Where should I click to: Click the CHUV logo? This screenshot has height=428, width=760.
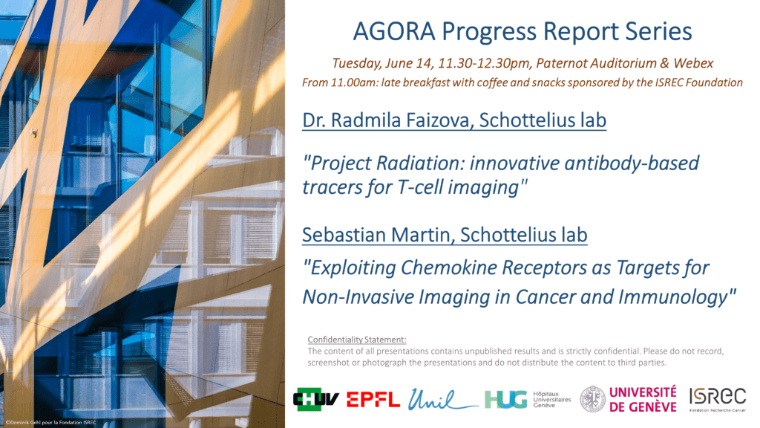coord(316,399)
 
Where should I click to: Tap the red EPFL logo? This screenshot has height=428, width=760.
coord(373,400)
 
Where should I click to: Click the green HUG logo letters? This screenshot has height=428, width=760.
coord(505,399)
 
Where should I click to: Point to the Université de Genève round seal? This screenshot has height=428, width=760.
coord(593,399)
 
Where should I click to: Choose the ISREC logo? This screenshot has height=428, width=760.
coord(718,399)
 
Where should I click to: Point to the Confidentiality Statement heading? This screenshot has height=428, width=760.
coord(357,340)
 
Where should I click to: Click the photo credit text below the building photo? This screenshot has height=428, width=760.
coord(51,423)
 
